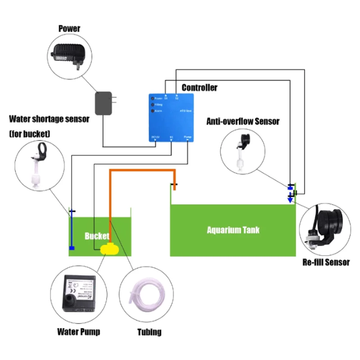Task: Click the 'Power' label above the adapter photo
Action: click(x=69, y=29)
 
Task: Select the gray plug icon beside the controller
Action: click(x=104, y=103)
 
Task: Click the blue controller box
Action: click(x=171, y=117)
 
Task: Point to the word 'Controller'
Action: click(x=199, y=87)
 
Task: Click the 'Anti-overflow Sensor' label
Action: click(x=243, y=121)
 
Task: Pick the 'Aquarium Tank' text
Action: click(x=233, y=230)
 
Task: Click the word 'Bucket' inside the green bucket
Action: click(x=97, y=236)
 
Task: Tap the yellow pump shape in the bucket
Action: click(x=108, y=248)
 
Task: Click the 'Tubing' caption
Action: click(x=149, y=333)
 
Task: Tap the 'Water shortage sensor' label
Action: click(x=49, y=119)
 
